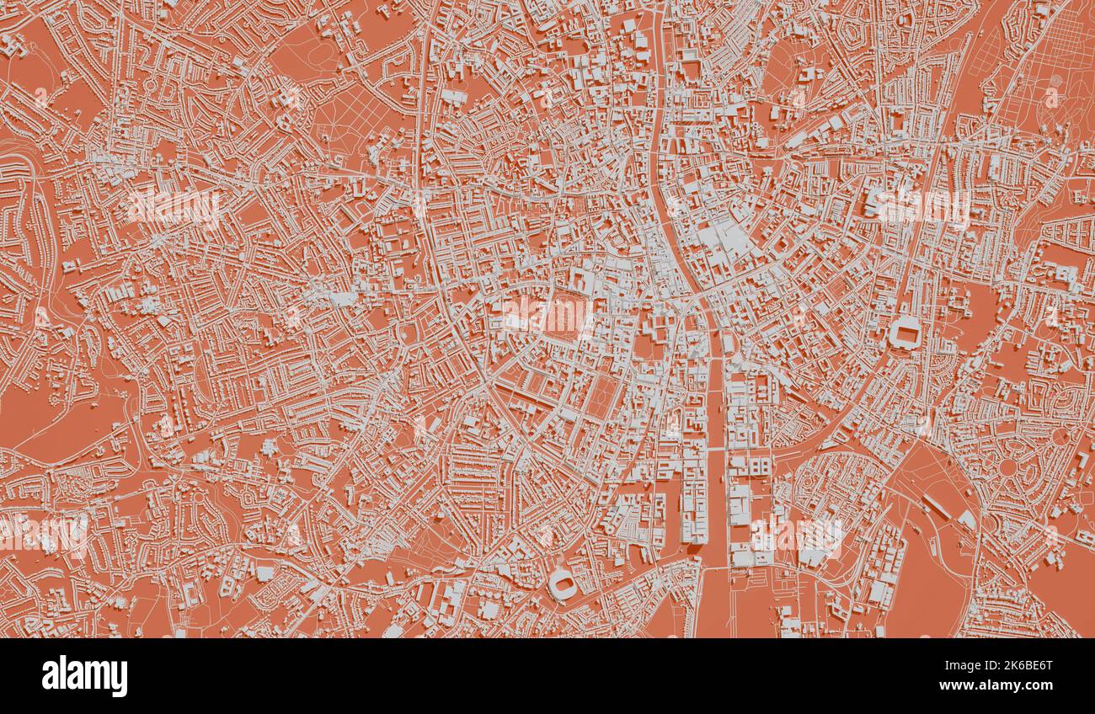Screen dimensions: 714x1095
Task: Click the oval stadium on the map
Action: (x=561, y=583)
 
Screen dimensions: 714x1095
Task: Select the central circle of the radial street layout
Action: (x=1008, y=466)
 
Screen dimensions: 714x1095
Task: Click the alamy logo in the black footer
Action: (x=84, y=676)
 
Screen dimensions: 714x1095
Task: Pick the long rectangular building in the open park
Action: (x=937, y=506)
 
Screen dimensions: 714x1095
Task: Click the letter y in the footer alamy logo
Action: (x=118, y=679)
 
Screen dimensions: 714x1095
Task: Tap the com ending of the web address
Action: (x=1043, y=685)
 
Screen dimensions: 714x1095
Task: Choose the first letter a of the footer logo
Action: (x=50, y=676)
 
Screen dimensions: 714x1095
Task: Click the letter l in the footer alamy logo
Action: (x=61, y=674)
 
